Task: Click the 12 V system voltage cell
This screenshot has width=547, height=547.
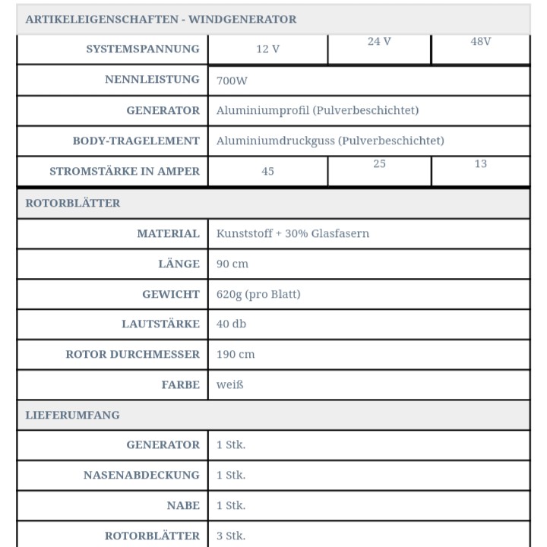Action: click(267, 49)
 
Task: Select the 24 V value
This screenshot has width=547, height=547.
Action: click(379, 42)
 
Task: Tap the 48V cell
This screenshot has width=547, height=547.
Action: click(481, 42)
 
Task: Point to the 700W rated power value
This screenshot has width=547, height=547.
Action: click(232, 80)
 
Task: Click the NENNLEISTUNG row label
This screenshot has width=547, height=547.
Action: click(152, 79)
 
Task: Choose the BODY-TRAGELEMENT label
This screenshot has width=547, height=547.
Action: click(136, 141)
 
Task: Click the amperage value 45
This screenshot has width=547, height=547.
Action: click(267, 171)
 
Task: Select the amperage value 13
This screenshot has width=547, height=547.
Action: click(481, 164)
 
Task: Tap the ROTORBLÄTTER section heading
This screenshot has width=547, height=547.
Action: click(73, 203)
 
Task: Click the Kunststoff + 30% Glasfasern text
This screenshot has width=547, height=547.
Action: click(292, 233)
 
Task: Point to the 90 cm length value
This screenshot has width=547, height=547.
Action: click(232, 264)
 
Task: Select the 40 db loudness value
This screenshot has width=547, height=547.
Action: click(231, 324)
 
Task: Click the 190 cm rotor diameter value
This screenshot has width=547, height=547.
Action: click(236, 354)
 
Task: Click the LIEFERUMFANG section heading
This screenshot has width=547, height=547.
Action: click(72, 415)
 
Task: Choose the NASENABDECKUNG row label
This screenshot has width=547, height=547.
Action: click(141, 475)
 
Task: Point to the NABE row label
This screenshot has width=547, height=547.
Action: click(183, 505)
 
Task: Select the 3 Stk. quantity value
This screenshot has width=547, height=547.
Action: click(231, 536)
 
